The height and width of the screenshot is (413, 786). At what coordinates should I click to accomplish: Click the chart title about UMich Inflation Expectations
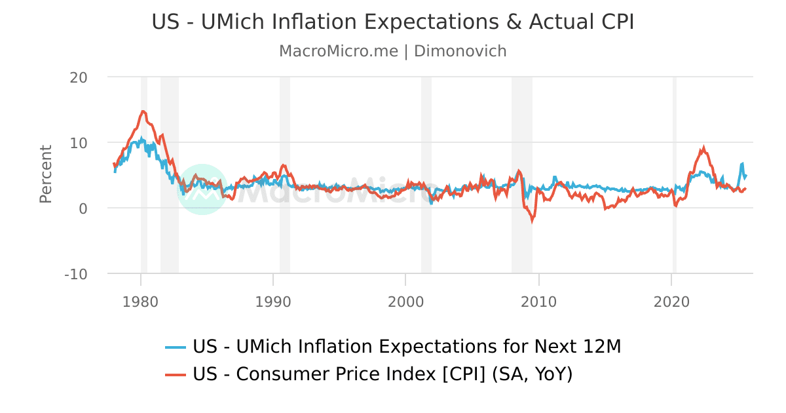pyautogui.click(x=393, y=22)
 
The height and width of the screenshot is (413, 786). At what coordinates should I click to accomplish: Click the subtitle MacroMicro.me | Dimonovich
pyautogui.click(x=393, y=51)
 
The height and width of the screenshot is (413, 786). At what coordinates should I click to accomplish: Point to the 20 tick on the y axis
pyautogui.click(x=79, y=77)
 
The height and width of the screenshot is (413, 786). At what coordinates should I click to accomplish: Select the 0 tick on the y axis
pyautogui.click(x=83, y=208)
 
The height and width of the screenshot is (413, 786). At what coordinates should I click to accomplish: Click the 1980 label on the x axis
pyautogui.click(x=140, y=302)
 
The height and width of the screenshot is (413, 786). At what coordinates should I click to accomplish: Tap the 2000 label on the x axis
pyautogui.click(x=405, y=302)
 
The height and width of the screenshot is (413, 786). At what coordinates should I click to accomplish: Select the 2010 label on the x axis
pyautogui.click(x=538, y=302)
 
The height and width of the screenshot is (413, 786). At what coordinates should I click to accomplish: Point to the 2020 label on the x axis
pyautogui.click(x=671, y=302)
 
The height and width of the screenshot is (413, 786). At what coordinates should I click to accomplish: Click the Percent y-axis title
pyautogui.click(x=45, y=174)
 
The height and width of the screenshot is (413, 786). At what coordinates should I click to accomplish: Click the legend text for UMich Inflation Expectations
pyautogui.click(x=406, y=347)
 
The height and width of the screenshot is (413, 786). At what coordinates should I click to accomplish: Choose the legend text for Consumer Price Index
pyautogui.click(x=383, y=374)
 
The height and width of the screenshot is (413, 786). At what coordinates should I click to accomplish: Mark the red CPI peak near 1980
pyautogui.click(x=143, y=111)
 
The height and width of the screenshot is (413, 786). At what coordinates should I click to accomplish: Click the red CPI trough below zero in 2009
pyautogui.click(x=532, y=221)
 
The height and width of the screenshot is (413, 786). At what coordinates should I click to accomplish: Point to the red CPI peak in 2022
pyautogui.click(x=703, y=148)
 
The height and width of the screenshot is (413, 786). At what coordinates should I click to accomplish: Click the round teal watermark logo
pyautogui.click(x=202, y=189)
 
